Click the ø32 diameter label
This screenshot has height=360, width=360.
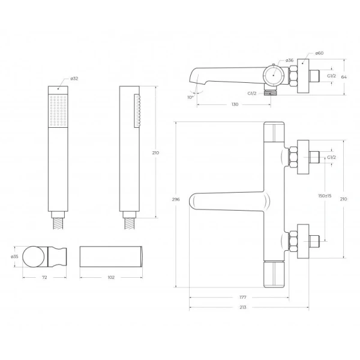[74, 79]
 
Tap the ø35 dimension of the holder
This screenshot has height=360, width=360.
[14, 256]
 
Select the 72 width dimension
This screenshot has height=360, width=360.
[44, 277]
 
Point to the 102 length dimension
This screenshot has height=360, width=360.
[111, 277]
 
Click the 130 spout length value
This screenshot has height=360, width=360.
[235, 104]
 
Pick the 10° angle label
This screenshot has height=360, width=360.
[190, 97]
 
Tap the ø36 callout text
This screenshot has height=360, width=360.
[289, 61]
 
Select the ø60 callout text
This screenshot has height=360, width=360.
[319, 53]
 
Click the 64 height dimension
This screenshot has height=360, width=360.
[344, 77]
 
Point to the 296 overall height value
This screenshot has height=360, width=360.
[176, 199]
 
